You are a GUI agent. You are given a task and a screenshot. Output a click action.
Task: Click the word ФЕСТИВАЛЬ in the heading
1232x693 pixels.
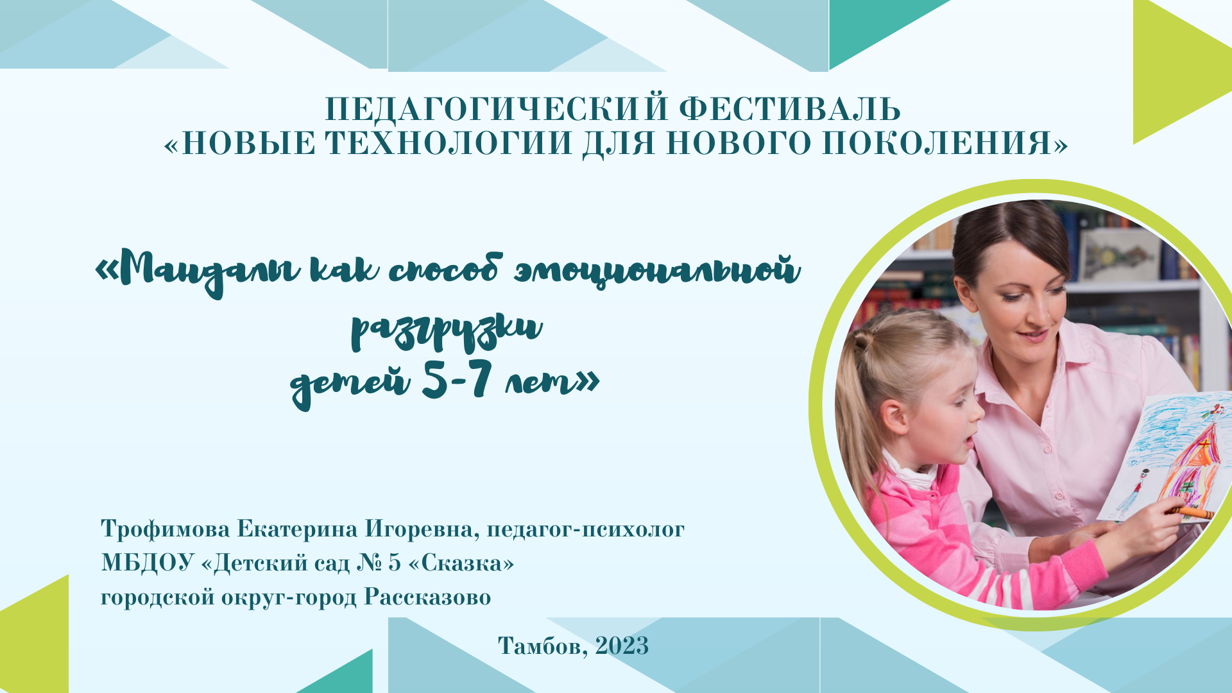pos(790,109)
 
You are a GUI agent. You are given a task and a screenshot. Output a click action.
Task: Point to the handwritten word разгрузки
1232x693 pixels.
pos(446,330)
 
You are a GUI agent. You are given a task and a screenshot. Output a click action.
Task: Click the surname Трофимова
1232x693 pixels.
pos(166,529)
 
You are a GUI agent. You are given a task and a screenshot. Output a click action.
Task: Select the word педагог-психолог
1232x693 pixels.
pos(585,529)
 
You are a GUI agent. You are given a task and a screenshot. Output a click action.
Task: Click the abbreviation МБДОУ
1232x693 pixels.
pos(148,563)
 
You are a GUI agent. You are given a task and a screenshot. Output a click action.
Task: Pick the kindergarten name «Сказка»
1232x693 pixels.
pos(461,563)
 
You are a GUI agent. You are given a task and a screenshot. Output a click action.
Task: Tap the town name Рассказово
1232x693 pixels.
pos(427,597)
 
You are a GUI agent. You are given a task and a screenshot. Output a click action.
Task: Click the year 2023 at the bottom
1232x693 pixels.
pos(622,646)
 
